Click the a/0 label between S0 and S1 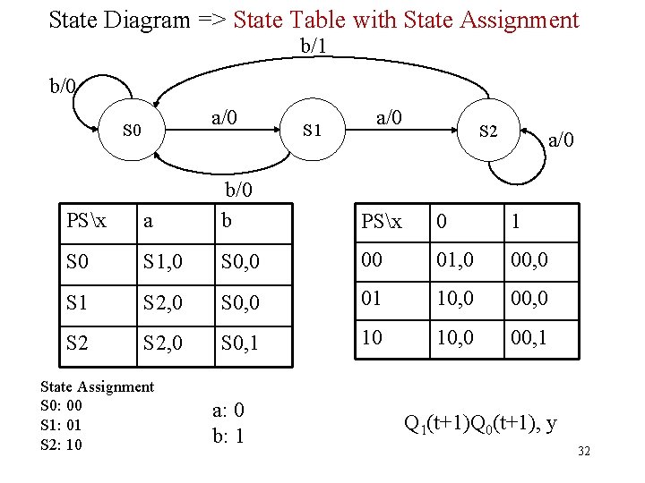[x=224, y=116]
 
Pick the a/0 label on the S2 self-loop [x=562, y=140]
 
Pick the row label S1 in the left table [x=79, y=300]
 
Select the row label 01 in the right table [x=373, y=300]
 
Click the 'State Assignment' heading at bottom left [x=98, y=386]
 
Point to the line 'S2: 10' [x=62, y=445]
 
